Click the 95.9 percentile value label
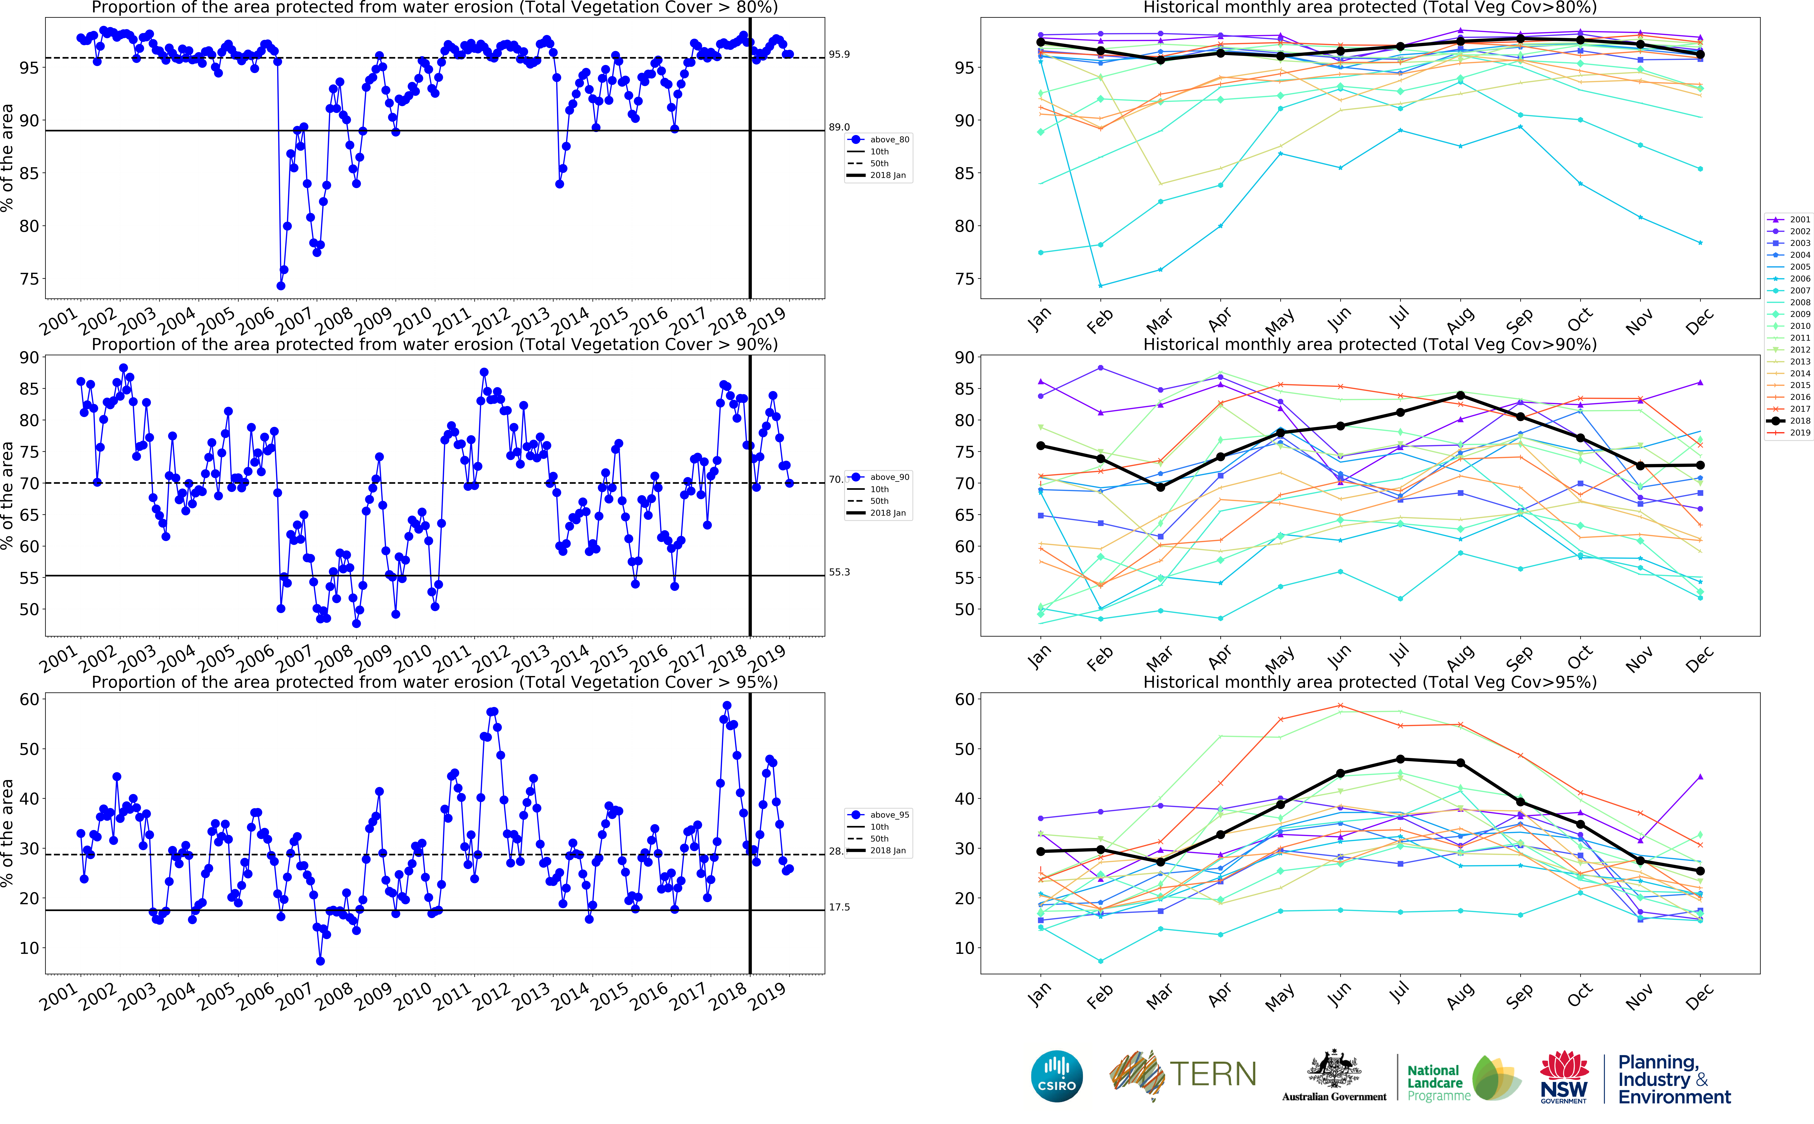839,54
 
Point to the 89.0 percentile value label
839,127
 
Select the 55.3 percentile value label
839,572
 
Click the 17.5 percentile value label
839,907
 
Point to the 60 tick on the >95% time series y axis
30,699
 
